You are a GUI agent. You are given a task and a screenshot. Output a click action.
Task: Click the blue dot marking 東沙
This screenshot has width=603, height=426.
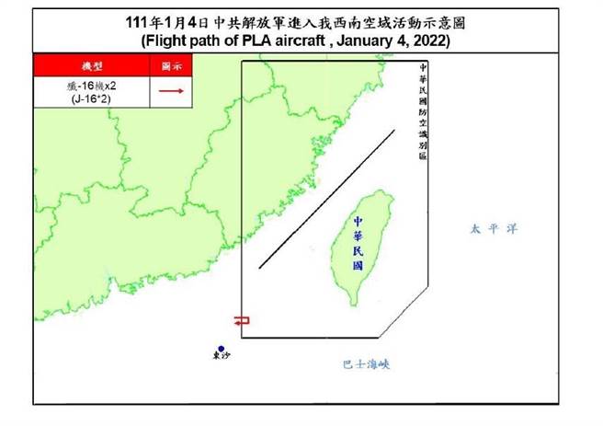(x=221, y=349)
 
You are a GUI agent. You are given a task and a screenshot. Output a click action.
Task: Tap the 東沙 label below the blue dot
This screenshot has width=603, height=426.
(x=221, y=359)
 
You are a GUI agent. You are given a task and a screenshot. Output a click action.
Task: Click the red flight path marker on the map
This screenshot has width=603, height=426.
(x=241, y=320)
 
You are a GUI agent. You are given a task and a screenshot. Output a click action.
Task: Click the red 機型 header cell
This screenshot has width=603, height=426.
(x=92, y=66)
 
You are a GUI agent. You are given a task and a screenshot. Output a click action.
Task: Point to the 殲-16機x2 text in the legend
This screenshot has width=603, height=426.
(x=92, y=86)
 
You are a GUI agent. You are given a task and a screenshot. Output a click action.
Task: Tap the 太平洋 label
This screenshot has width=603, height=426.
(x=488, y=228)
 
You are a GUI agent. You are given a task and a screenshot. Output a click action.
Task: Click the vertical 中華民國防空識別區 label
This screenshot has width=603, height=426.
(x=422, y=111)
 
